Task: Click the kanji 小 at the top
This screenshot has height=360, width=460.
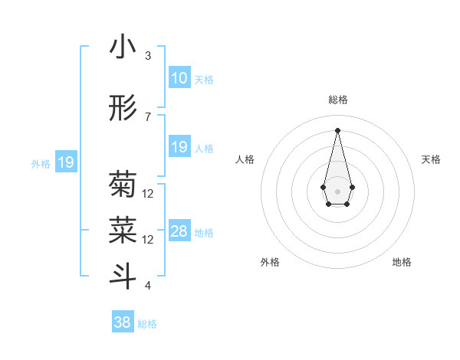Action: (123, 47)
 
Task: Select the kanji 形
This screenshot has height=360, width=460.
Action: (123, 109)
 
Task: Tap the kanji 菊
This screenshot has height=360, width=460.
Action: (123, 185)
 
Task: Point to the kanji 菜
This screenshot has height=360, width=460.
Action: (123, 229)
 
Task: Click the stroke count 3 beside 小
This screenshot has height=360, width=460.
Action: (148, 56)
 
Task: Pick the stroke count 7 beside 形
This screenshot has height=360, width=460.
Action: (148, 116)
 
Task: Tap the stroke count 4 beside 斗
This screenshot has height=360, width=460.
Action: (148, 286)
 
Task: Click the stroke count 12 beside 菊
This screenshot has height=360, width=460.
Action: (148, 194)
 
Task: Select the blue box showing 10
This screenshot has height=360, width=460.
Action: (179, 78)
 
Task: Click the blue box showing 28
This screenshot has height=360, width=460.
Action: (179, 231)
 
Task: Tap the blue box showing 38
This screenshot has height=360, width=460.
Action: (123, 322)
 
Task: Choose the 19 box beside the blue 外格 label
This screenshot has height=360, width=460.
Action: (66, 162)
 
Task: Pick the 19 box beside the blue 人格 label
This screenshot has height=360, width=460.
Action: (179, 147)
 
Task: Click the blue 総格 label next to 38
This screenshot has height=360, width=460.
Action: (147, 324)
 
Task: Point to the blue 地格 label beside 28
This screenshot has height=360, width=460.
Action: (204, 233)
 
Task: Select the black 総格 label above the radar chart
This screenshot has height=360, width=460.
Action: (337, 100)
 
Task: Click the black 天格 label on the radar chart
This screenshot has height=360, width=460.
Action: (431, 159)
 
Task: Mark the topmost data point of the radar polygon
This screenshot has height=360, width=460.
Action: (337, 129)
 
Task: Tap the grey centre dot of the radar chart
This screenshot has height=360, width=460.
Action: (337, 190)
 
